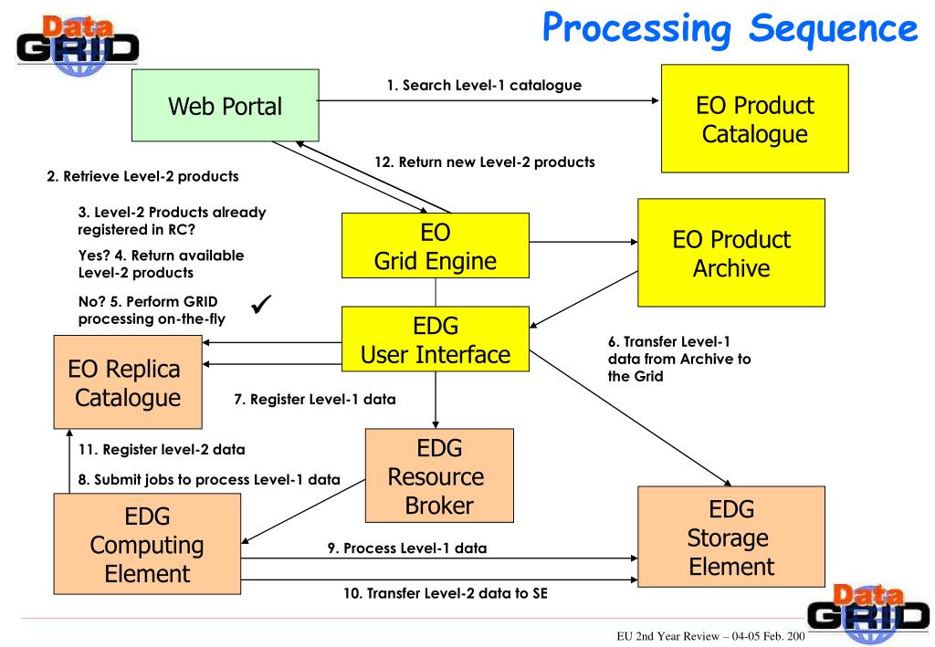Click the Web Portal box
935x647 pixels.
click(226, 106)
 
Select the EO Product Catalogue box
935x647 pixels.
click(755, 120)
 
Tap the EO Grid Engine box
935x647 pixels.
click(436, 245)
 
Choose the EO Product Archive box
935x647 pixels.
click(731, 253)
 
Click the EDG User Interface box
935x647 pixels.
click(436, 339)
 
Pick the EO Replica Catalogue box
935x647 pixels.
click(128, 381)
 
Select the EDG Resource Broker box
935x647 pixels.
click(439, 475)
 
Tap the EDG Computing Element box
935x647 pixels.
click(147, 544)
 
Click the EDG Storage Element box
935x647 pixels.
click(731, 537)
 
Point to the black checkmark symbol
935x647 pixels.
click(261, 304)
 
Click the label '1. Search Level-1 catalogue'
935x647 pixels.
click(484, 85)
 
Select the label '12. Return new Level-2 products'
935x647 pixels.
click(485, 162)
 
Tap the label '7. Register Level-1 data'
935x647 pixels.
click(315, 399)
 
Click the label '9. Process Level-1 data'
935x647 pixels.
click(407, 548)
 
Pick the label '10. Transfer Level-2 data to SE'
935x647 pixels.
click(446, 593)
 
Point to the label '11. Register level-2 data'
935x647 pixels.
click(162, 449)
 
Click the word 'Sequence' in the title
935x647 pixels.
click(834, 28)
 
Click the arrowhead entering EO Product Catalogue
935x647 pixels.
click(656, 100)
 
